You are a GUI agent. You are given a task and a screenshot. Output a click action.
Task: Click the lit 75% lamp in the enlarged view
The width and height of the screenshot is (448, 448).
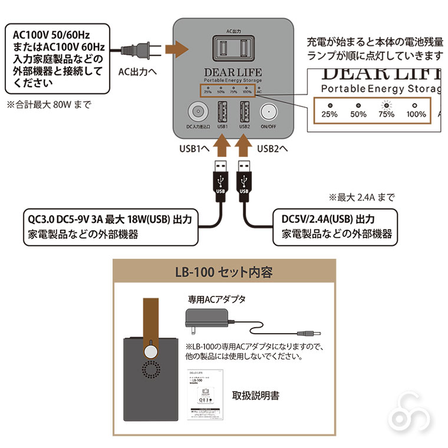point(387,104)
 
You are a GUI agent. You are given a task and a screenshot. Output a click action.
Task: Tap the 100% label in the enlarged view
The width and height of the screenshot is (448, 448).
point(416,114)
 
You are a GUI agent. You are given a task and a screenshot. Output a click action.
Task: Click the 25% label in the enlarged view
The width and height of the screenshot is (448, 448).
point(330,114)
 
